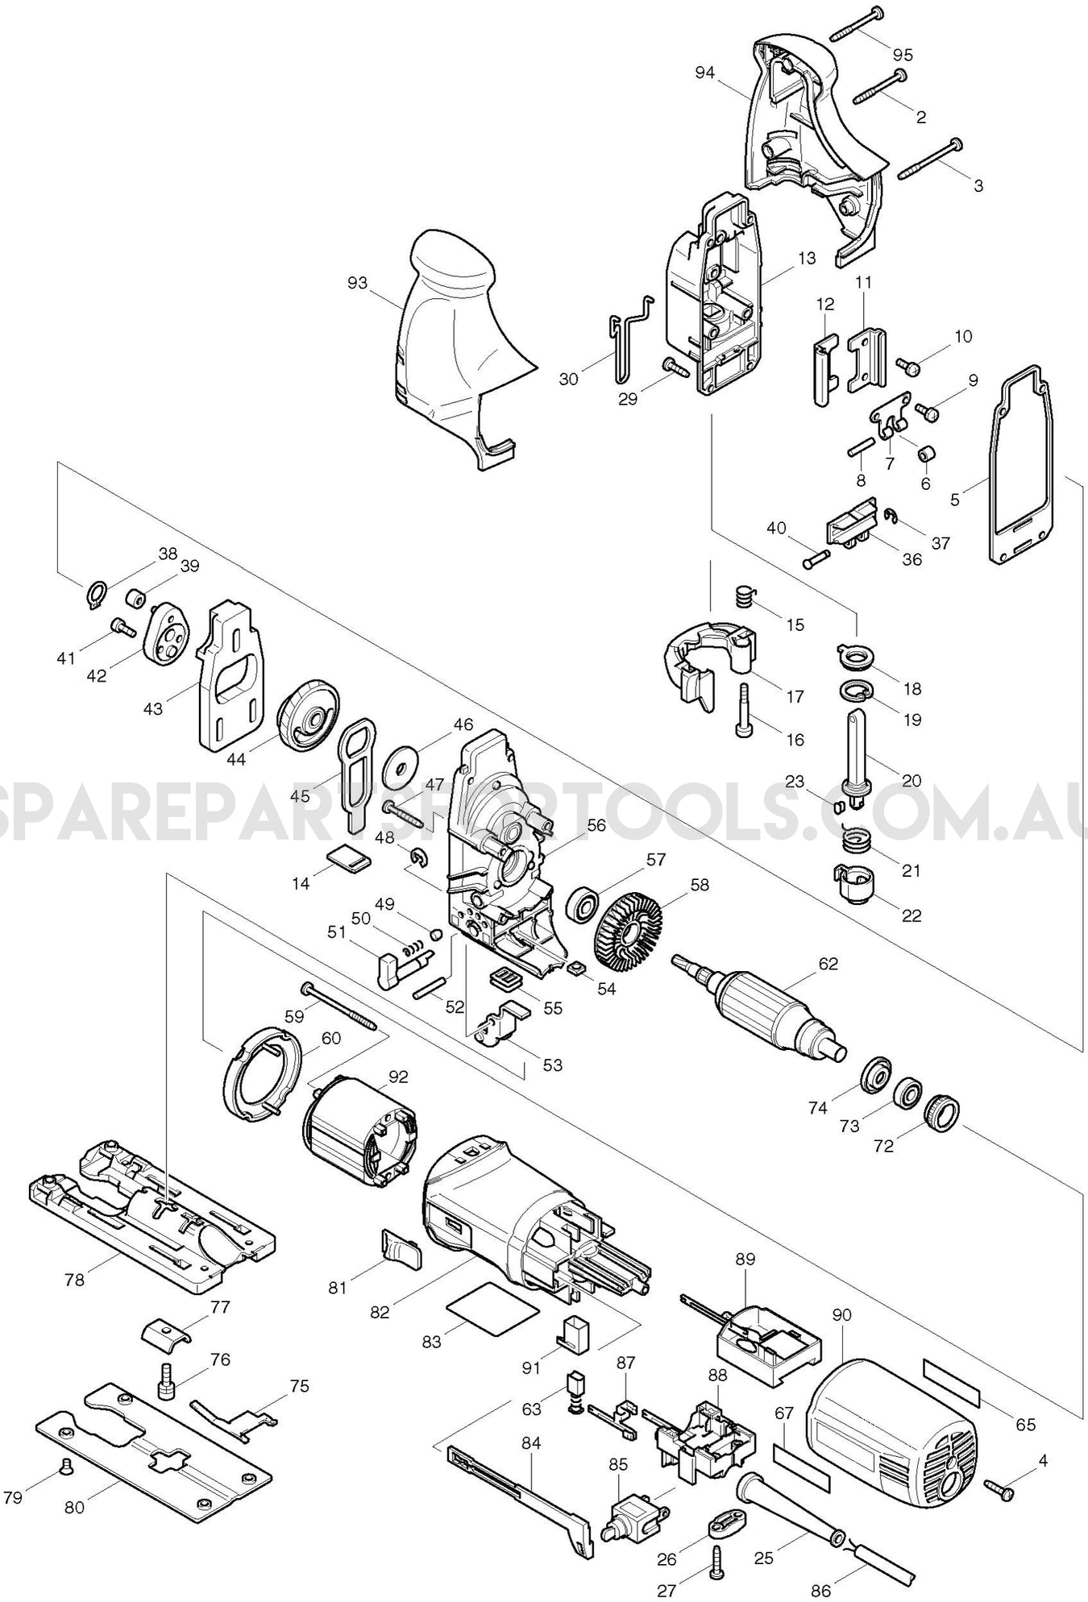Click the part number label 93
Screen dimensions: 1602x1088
(x=357, y=283)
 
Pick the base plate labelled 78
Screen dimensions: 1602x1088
(x=153, y=1213)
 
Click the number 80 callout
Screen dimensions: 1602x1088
(x=74, y=1506)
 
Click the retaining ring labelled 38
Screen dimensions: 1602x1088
(x=96, y=595)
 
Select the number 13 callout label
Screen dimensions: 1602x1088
(x=808, y=259)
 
